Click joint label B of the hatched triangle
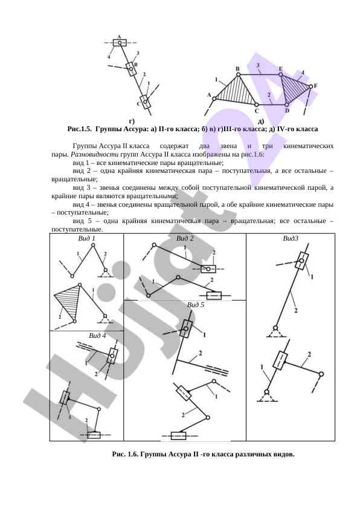click(237, 69)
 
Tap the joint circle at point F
click(310, 86)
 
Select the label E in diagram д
click(280, 69)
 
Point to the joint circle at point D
click(287, 105)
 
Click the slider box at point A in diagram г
click(120, 42)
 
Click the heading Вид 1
click(86, 239)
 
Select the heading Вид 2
click(185, 239)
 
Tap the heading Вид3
click(291, 239)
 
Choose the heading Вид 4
click(97, 336)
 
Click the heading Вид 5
click(196, 305)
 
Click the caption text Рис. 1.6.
click(125, 455)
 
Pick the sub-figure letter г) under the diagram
click(132, 122)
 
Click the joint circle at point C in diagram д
click(256, 105)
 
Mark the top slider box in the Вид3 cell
click(301, 261)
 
